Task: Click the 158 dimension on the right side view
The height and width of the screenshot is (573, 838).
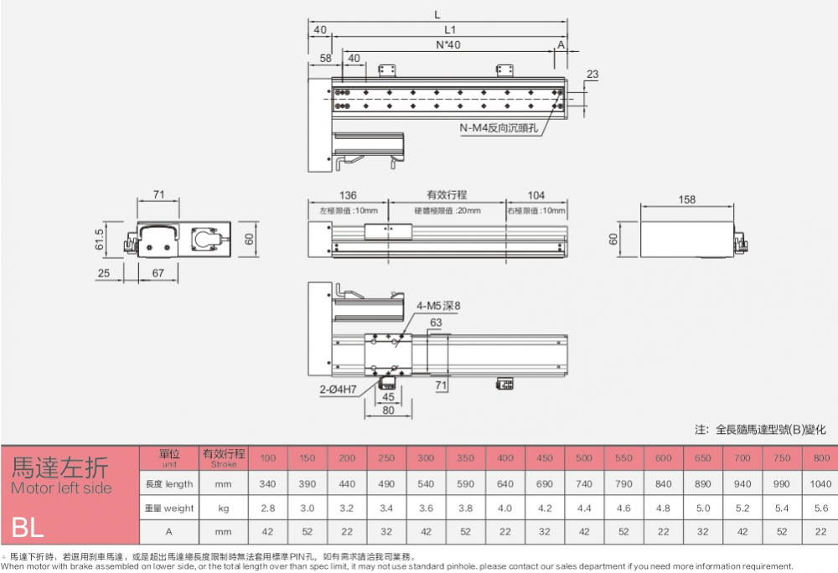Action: pyautogui.click(x=686, y=200)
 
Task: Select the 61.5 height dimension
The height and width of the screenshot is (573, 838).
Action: pyautogui.click(x=100, y=240)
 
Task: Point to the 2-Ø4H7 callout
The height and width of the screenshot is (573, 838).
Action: pyautogui.click(x=338, y=390)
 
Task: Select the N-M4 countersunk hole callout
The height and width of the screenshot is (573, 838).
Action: pyautogui.click(x=500, y=127)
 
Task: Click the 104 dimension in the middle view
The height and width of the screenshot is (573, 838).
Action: pyautogui.click(x=536, y=195)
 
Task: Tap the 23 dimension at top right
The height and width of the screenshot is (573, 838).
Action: pyautogui.click(x=592, y=75)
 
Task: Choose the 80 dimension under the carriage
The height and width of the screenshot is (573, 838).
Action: pyautogui.click(x=388, y=410)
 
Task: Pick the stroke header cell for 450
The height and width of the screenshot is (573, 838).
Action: pyautogui.click(x=545, y=458)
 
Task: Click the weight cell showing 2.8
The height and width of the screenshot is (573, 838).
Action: pyautogui.click(x=267, y=508)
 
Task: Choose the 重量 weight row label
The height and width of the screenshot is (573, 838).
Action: pyautogui.click(x=169, y=508)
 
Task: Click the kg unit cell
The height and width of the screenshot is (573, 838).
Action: pyautogui.click(x=225, y=508)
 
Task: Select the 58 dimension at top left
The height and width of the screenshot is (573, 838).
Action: pyautogui.click(x=325, y=58)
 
